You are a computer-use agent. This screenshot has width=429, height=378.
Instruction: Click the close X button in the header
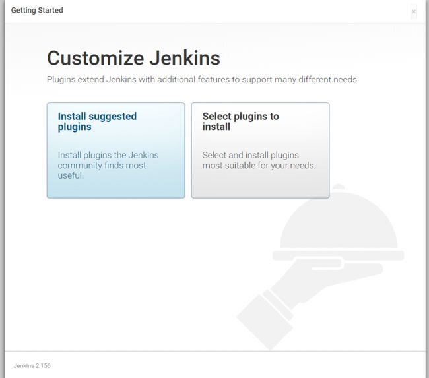(x=414, y=11)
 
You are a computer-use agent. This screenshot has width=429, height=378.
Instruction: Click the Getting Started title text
(x=37, y=10)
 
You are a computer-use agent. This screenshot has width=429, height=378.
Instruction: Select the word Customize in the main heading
(x=96, y=58)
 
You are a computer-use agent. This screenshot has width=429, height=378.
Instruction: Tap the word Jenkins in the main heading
(x=185, y=58)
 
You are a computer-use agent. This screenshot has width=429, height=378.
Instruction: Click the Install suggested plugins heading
(x=97, y=122)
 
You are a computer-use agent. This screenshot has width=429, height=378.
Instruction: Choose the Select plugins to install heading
(x=241, y=122)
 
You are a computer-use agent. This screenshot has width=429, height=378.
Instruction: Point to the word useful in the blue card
(x=71, y=175)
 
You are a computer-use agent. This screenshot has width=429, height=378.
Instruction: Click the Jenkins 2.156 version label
(x=32, y=365)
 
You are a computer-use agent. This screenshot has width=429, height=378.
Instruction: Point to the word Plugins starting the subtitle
(x=61, y=80)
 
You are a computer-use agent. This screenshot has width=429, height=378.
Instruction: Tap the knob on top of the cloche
(x=339, y=187)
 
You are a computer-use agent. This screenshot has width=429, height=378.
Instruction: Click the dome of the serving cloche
(x=339, y=222)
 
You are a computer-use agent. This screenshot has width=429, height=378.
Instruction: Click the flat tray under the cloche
(x=338, y=255)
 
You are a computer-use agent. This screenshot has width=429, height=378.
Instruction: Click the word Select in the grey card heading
(x=217, y=117)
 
